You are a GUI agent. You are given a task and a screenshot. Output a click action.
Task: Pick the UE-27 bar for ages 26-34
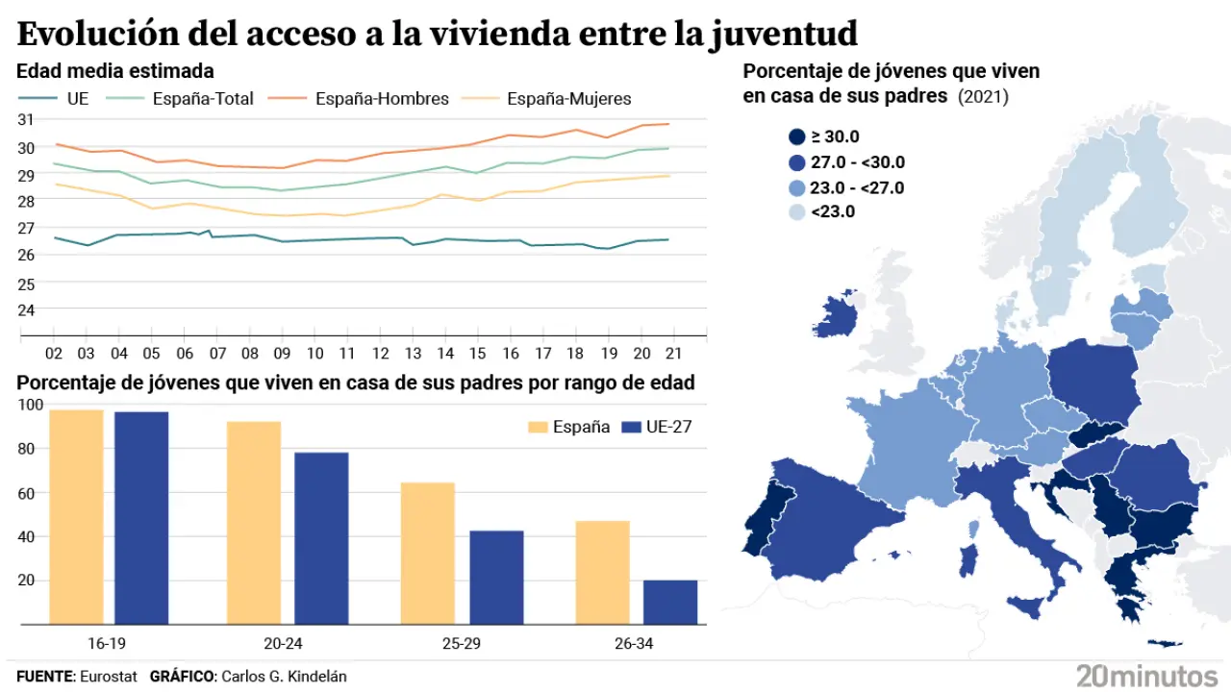pos(670,602)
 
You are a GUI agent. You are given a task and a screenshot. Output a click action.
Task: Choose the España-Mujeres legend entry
pos(568,98)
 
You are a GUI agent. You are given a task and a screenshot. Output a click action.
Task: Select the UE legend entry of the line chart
pos(77,98)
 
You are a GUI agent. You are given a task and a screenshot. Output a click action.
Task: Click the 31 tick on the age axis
pos(26,119)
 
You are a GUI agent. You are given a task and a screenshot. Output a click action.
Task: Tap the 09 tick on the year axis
pos(282,353)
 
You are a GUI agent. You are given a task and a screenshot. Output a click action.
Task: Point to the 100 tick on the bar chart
pos(31,405)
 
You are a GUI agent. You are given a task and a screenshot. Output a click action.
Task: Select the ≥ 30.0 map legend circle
pos(796,137)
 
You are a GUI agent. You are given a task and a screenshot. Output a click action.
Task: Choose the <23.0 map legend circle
pos(796,212)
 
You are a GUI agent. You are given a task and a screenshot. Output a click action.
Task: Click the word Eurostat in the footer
pos(110,677)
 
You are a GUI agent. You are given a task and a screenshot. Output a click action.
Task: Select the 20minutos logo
pos(1146,675)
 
